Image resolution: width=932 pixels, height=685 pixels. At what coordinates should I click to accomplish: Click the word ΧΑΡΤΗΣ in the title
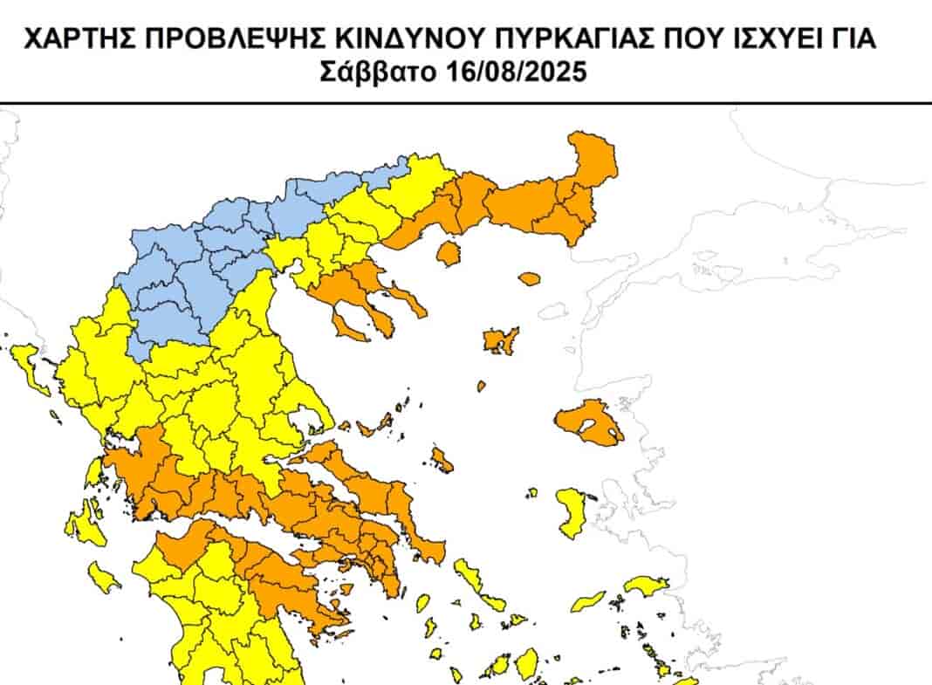74,38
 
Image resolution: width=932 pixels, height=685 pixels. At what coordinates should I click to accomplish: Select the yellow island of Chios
572,513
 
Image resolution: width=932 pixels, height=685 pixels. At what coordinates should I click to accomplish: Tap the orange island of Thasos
449,254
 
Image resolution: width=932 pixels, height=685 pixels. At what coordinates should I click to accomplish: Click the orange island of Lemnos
501,340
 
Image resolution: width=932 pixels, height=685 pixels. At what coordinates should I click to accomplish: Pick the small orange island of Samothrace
529,279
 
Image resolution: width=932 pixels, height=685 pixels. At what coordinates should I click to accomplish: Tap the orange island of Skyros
442,459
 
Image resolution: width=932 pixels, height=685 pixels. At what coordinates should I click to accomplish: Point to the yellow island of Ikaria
588,601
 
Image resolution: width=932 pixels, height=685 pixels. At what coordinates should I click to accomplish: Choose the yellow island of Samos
647,586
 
